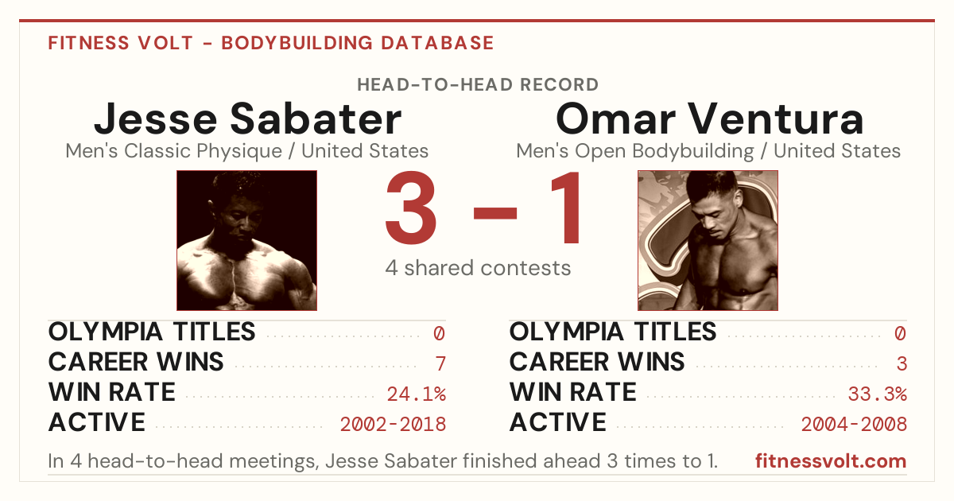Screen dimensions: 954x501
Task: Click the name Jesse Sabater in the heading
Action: (247, 119)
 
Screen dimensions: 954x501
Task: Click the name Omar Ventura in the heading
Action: (709, 118)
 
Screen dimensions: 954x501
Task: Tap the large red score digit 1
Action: (565, 207)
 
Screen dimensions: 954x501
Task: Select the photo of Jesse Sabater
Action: (246, 240)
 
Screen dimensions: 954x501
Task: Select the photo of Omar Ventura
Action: (708, 240)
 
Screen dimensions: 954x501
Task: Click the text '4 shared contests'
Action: (478, 269)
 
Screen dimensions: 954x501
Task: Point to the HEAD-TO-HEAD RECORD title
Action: (478, 85)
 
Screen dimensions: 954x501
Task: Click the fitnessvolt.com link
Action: (831, 461)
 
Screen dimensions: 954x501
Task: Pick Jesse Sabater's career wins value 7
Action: (440, 364)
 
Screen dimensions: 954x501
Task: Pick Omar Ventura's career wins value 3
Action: (902, 364)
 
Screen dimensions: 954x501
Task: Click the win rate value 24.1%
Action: (416, 394)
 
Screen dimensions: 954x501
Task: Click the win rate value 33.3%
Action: (878, 394)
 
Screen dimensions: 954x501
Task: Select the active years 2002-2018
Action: (393, 425)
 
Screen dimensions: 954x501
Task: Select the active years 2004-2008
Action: (854, 425)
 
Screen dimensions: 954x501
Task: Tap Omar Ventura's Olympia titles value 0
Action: (900, 333)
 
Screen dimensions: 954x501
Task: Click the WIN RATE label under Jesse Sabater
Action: (111, 392)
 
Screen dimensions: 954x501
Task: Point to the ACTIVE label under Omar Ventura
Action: (557, 422)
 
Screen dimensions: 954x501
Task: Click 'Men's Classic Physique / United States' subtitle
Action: (247, 151)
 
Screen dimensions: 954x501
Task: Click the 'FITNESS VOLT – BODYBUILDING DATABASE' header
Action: (271, 43)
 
